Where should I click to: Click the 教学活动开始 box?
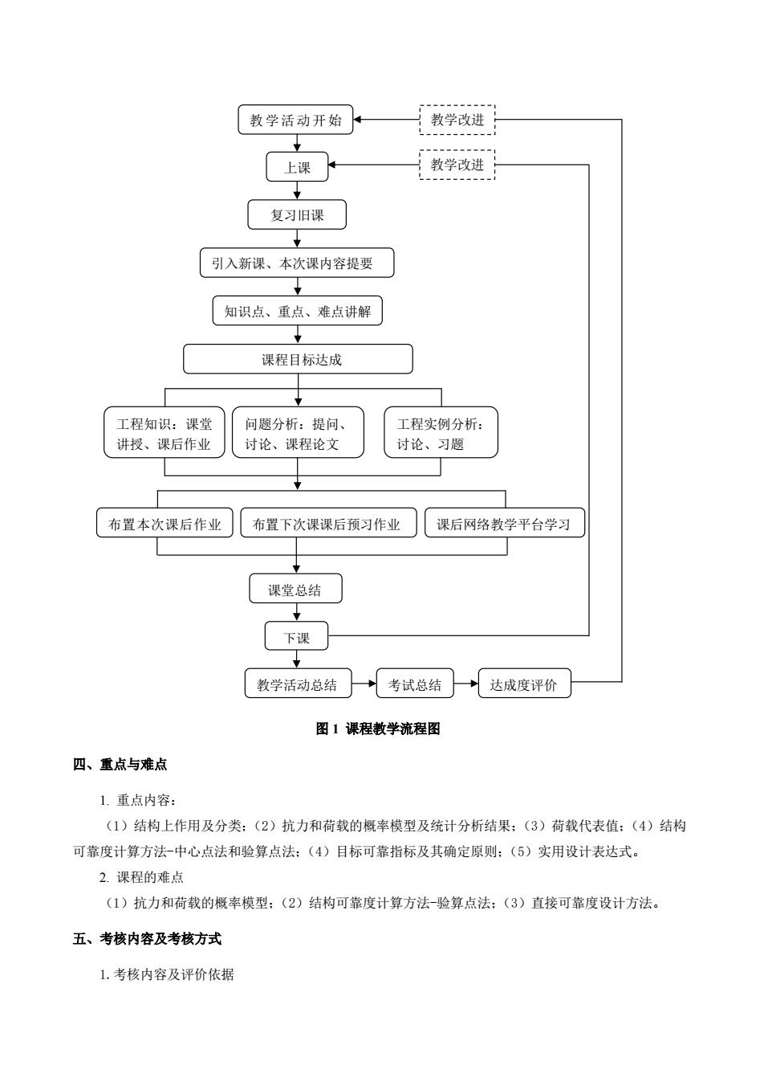(295, 120)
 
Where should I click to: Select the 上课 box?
(297, 166)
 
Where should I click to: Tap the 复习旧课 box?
(297, 214)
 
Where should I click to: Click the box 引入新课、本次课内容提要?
(297, 263)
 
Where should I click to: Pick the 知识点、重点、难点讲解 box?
(297, 311)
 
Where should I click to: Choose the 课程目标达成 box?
(298, 359)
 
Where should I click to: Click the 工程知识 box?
(164, 432)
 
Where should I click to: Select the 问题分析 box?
(298, 432)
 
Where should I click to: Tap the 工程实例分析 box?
(441, 432)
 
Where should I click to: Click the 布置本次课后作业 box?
(165, 523)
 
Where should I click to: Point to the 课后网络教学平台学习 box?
(504, 523)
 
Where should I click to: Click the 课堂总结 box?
(295, 588)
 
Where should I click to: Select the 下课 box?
(296, 635)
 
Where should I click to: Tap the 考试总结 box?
(415, 683)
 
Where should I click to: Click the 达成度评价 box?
(524, 683)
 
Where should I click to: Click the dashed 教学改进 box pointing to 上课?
(457, 165)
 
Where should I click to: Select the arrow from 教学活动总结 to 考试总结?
(364, 684)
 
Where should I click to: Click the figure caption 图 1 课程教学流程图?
(378, 729)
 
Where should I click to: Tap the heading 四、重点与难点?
(120, 764)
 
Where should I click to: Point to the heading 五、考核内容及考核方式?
(147, 938)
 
